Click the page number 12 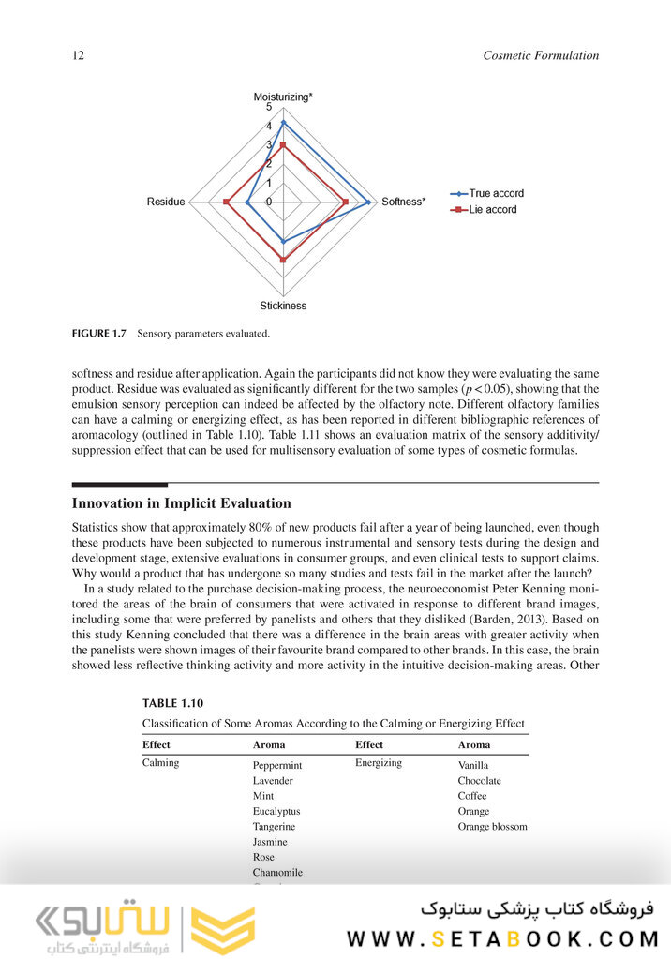pos(79,55)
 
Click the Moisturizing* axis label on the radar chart pos(283,97)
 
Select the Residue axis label pos(166,202)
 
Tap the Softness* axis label pos(404,202)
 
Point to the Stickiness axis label pos(283,306)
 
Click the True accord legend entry pos(496,193)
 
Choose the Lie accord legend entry pos(492,209)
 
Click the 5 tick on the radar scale pos(269,109)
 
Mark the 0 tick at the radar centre pos(269,202)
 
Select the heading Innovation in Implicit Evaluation pos(182,503)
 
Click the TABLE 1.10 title pos(172,703)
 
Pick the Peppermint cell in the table pos(277,765)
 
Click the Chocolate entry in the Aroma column pos(479,780)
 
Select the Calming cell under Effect pos(161,762)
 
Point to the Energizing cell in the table pos(379,762)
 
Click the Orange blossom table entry pos(492,826)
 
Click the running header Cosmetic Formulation pos(541,55)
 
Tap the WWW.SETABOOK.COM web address pos(503,937)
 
